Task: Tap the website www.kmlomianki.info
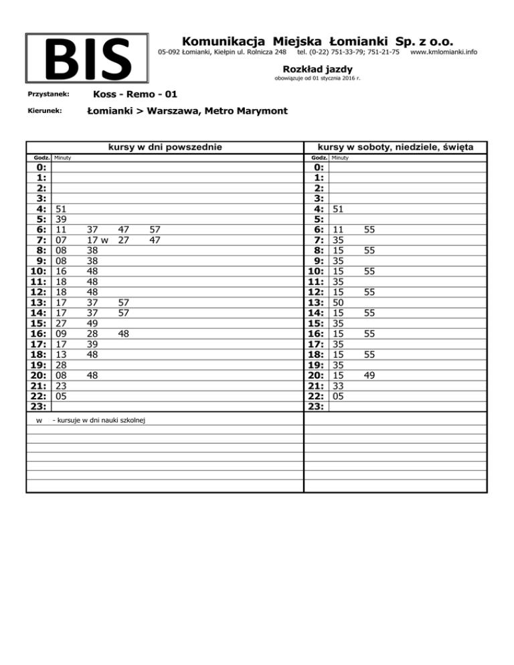(444, 52)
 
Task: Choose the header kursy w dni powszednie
(165, 147)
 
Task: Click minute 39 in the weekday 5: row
(62, 219)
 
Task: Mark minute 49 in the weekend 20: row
(370, 376)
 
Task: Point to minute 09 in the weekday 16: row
(62, 334)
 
